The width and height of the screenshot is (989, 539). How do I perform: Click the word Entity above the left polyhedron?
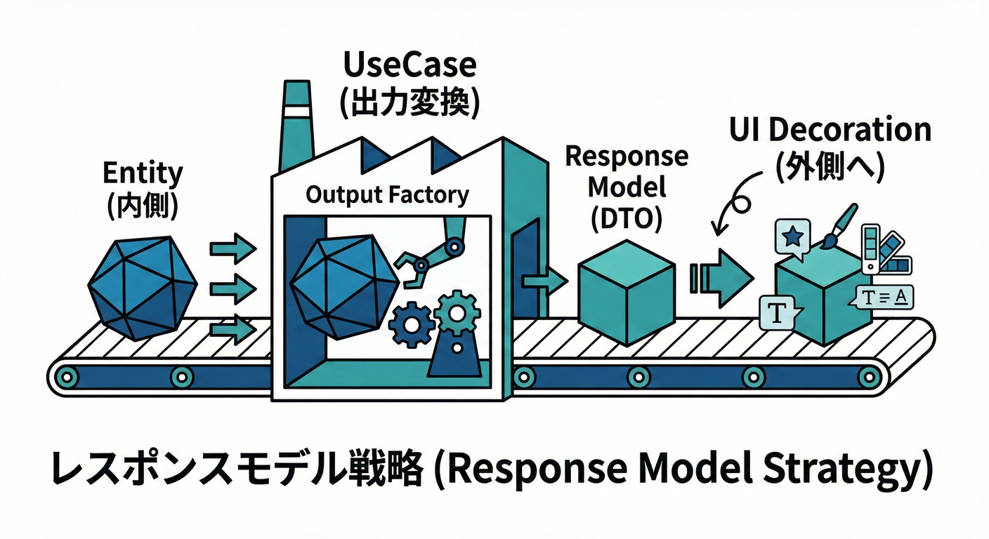(143, 173)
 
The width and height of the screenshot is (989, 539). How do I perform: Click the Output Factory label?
(387, 194)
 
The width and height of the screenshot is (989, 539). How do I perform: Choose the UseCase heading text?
(410, 65)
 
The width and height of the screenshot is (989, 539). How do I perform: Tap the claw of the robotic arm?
(412, 269)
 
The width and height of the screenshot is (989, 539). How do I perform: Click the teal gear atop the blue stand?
(457, 314)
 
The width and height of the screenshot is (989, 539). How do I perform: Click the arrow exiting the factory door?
(544, 279)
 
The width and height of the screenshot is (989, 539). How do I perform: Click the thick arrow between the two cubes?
(721, 275)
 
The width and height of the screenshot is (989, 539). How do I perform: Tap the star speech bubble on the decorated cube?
(792, 237)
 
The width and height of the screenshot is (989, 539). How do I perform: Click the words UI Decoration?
(829, 131)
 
